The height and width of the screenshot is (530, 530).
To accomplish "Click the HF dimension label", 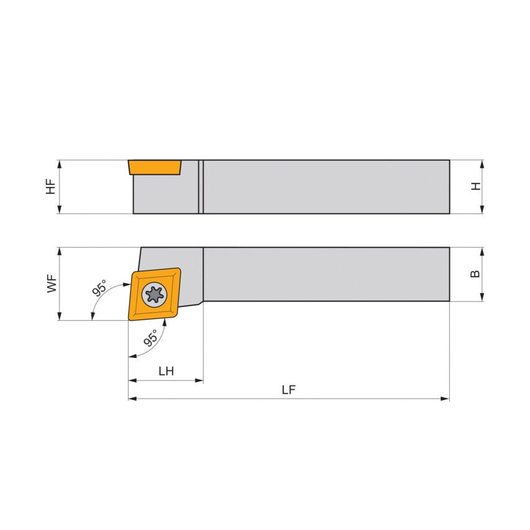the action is pos(51,187).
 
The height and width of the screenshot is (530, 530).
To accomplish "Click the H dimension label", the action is pos(476,186).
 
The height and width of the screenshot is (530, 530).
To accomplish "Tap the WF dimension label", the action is pos(52,284).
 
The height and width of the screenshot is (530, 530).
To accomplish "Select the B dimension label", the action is pos(475,274).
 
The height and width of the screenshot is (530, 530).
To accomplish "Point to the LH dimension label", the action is pos(166,371).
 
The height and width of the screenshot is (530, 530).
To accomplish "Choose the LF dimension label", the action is pos(289,390).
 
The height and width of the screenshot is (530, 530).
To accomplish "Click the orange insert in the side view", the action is pos(155,168).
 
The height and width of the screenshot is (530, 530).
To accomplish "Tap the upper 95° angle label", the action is pos(99,287).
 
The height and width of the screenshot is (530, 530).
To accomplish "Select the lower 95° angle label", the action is pos(151,338).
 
